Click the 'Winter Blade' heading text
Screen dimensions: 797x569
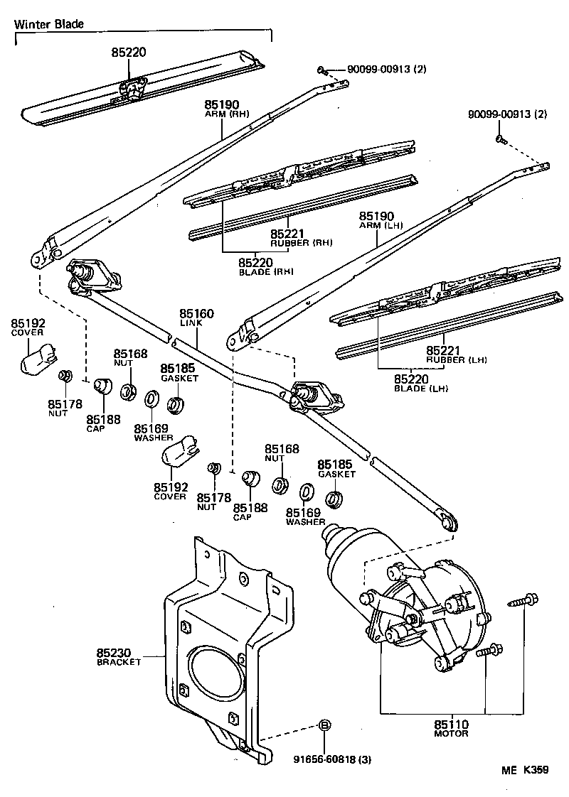click(x=49, y=23)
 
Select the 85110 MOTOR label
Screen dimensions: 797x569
click(x=451, y=728)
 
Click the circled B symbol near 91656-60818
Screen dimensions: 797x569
click(x=324, y=725)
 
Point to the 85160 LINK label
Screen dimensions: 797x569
click(x=196, y=318)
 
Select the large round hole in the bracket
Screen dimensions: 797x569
click(x=213, y=672)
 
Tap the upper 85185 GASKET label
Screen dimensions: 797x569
click(x=178, y=372)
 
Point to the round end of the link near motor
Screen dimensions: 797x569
click(x=449, y=524)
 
